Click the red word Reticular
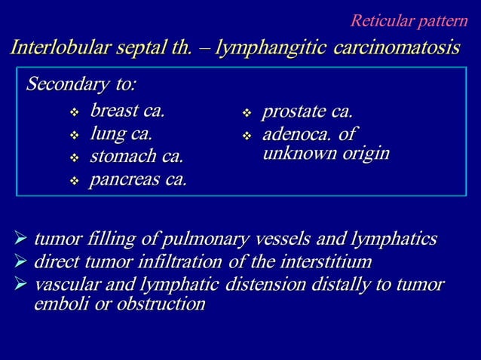click(384, 20)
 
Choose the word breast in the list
click(113, 112)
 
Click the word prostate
click(292, 112)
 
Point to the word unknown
click(296, 154)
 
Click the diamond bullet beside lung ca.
click(74, 136)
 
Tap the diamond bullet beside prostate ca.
click(247, 114)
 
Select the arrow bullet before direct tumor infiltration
click(21, 263)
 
